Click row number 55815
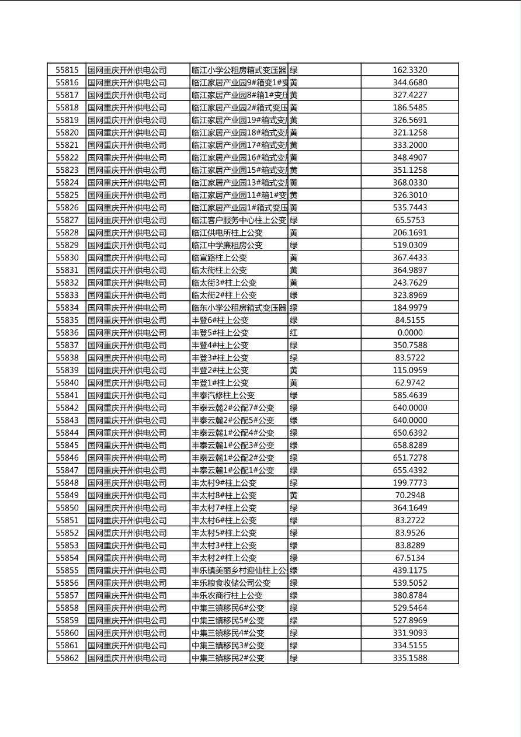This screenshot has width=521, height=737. [67, 70]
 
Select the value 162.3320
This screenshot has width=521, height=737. [409, 70]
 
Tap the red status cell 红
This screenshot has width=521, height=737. [293, 333]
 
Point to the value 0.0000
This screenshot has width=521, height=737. [409, 333]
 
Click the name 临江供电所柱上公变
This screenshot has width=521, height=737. [227, 233]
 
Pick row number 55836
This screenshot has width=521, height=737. [67, 333]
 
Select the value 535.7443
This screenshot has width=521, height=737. [409, 208]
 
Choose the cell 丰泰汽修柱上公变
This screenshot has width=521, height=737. [223, 395]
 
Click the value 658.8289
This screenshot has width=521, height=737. [409, 446]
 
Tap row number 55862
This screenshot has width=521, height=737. [67, 658]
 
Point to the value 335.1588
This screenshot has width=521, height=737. [409, 658]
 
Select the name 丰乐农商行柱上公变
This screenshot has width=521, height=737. [227, 596]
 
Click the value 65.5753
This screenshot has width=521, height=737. [409, 220]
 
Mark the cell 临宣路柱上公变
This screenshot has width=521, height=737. [219, 258]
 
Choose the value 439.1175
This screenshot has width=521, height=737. [409, 571]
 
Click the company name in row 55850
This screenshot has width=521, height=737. [127, 508]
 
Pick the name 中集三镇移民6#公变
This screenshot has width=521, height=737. [228, 608]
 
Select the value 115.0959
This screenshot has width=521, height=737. [409, 370]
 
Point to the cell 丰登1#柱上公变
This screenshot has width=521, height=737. [220, 383]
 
